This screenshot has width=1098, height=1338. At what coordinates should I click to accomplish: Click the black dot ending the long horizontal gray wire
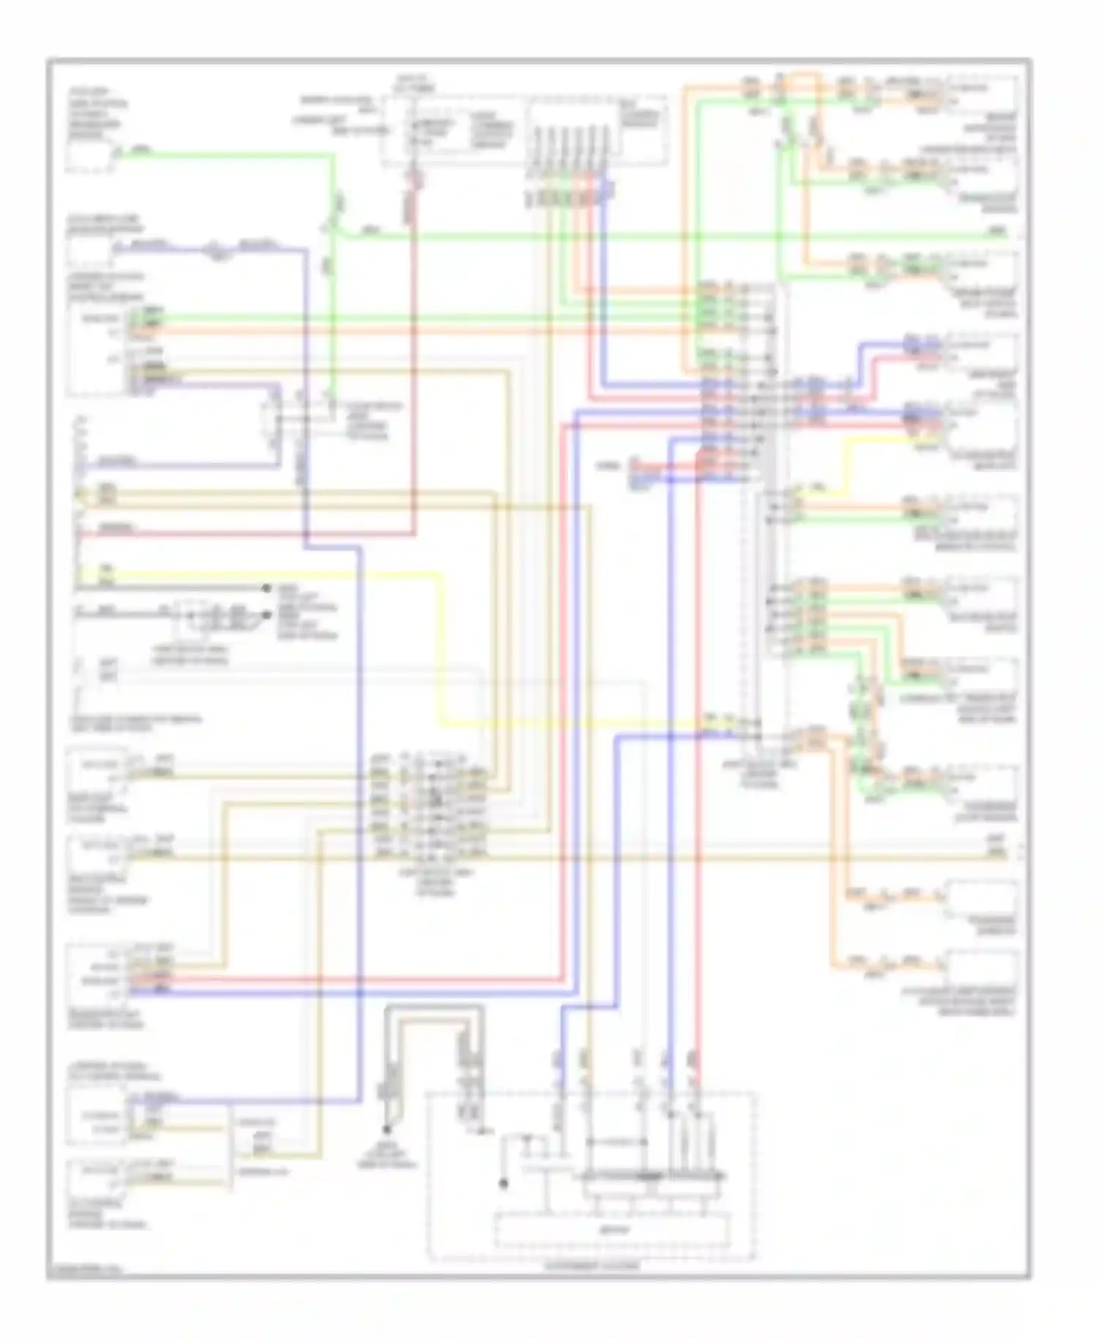pos(266,588)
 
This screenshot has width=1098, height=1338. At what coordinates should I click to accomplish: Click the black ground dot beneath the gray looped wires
pos(386,1130)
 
